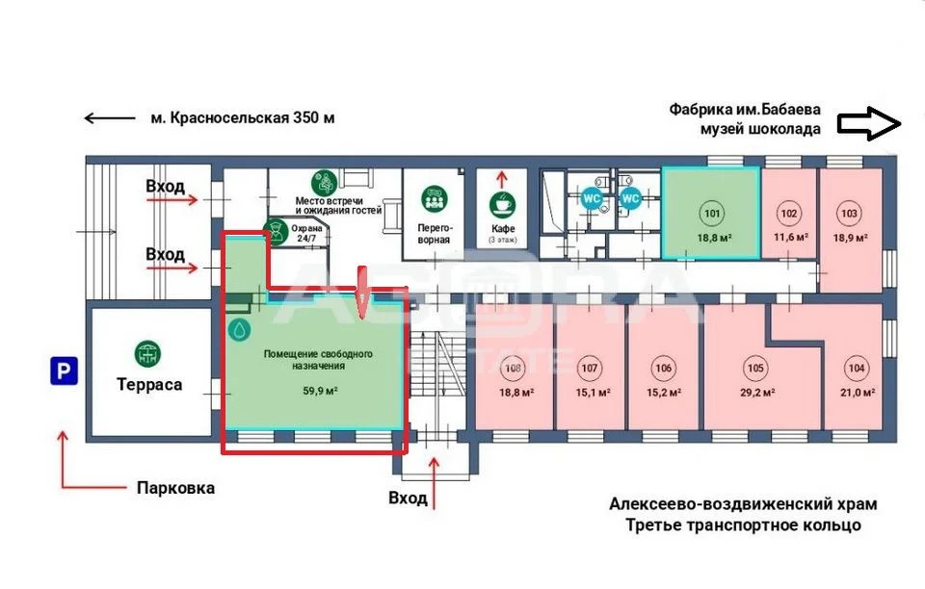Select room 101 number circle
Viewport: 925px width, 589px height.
pyautogui.click(x=712, y=214)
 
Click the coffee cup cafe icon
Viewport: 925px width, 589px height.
pyautogui.click(x=502, y=203)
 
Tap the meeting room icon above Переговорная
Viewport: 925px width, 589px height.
pyautogui.click(x=434, y=199)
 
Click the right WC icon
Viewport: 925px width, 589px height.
pyautogui.click(x=630, y=198)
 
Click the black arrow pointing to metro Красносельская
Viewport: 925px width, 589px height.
pyautogui.click(x=110, y=118)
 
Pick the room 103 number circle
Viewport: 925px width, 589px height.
pyautogui.click(x=849, y=214)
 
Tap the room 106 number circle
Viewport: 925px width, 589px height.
pyautogui.click(x=663, y=368)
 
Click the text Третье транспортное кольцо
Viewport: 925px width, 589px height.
pyautogui.click(x=742, y=525)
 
